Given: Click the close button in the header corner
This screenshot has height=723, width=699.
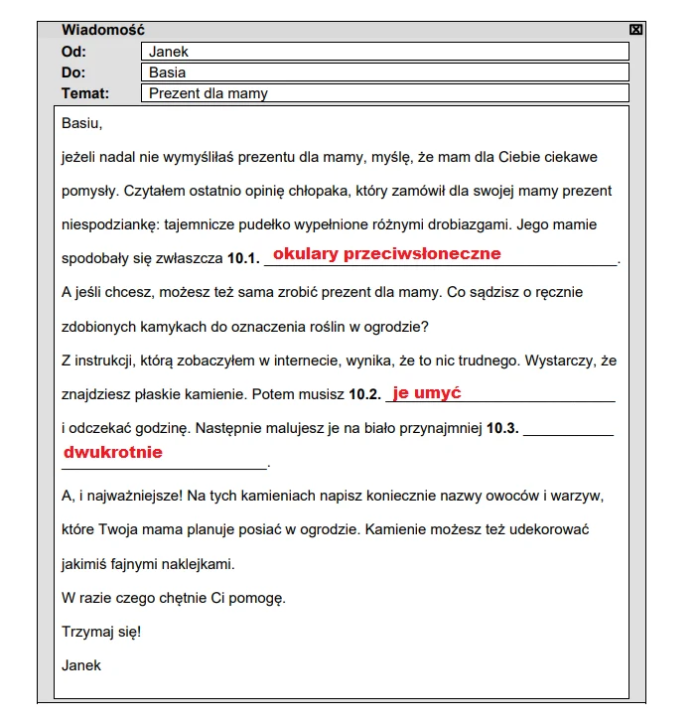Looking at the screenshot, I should [x=636, y=30].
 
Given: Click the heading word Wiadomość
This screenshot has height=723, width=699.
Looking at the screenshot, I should [x=102, y=30].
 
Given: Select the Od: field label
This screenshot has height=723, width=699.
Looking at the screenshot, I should [x=73, y=52].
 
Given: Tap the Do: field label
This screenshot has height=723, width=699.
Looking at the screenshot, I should [x=73, y=72].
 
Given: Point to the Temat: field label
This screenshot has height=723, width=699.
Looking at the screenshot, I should [x=85, y=93].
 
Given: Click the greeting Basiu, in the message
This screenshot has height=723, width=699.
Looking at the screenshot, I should [x=82, y=124].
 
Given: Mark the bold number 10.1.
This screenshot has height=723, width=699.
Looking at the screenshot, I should [x=243, y=258].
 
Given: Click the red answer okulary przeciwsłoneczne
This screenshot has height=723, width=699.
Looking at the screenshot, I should [x=386, y=253].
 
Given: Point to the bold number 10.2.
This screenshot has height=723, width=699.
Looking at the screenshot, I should [x=364, y=394].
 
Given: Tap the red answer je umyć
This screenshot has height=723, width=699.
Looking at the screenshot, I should [x=427, y=393].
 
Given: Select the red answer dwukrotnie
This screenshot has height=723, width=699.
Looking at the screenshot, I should [x=112, y=452].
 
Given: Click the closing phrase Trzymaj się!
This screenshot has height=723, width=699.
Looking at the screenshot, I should [x=101, y=631].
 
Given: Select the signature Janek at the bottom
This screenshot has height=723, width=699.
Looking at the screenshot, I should [x=81, y=664].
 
